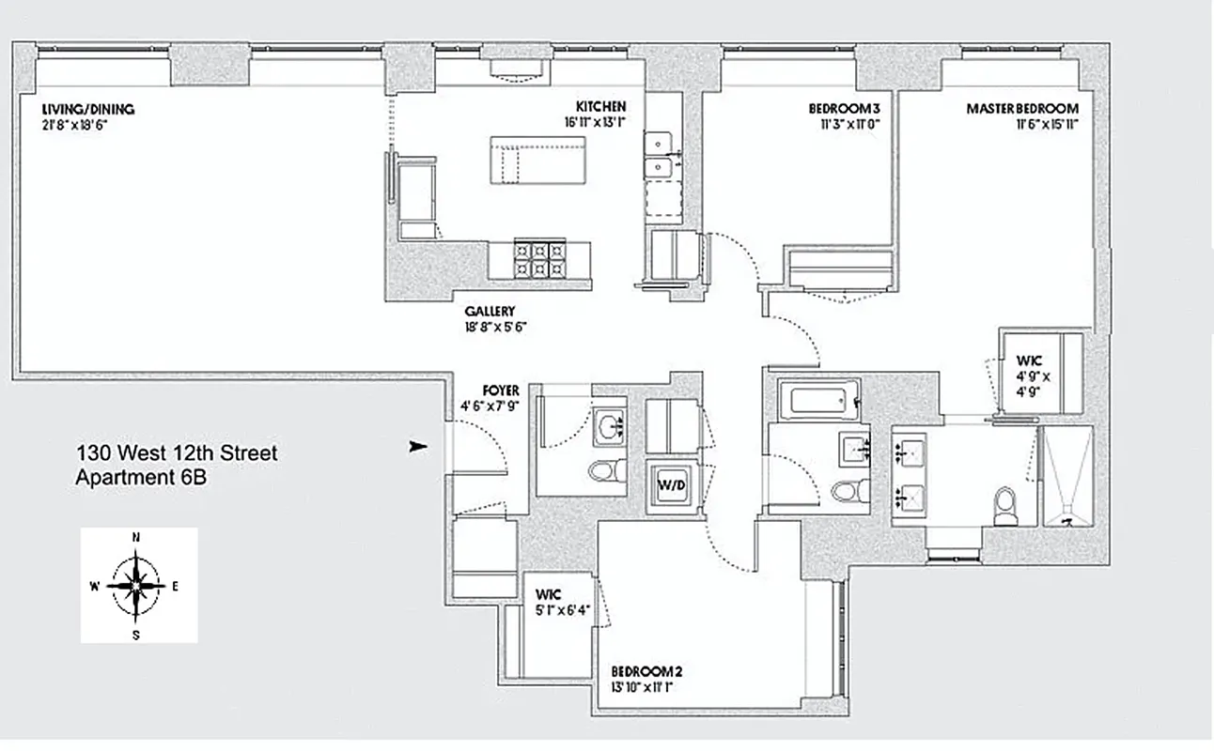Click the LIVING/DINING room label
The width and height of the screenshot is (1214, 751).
[82, 109]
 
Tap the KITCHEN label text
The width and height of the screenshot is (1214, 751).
[601, 107]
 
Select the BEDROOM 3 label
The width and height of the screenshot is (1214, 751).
[844, 109]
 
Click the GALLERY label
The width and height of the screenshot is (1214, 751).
[490, 312]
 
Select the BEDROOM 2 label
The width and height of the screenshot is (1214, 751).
[646, 671]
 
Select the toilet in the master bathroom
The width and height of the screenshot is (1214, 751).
[1005, 505]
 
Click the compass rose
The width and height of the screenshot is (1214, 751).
[138, 585]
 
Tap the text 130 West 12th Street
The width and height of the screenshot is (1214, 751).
[176, 454]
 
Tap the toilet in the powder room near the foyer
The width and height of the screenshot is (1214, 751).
[599, 469]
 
